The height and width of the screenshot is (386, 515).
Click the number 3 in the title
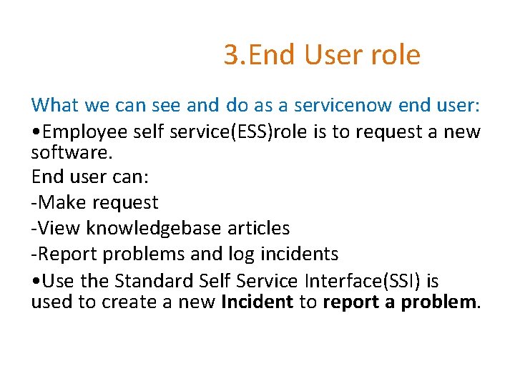(x=231, y=55)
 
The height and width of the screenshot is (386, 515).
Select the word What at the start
(x=55, y=106)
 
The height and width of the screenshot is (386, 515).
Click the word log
(x=230, y=254)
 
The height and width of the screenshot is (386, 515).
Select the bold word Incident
(x=257, y=302)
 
